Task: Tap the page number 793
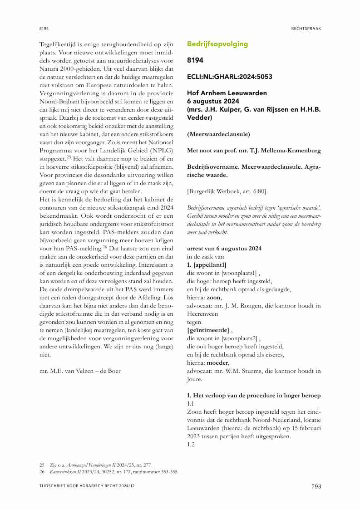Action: coord(316,487)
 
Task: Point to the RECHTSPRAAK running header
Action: coord(306,28)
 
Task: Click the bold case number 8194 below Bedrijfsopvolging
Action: coord(195,60)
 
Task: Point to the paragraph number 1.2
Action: coord(191,445)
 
